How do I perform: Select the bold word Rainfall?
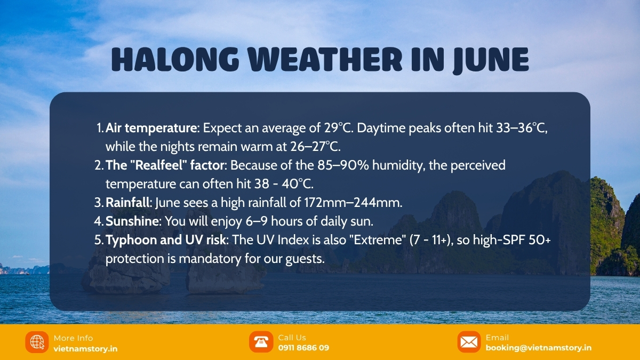[128, 203]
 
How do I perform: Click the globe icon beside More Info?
[37, 342]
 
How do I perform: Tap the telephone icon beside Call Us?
[261, 342]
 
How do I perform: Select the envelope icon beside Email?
[469, 342]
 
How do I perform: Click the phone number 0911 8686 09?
[303, 348]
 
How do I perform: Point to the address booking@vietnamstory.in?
[538, 348]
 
